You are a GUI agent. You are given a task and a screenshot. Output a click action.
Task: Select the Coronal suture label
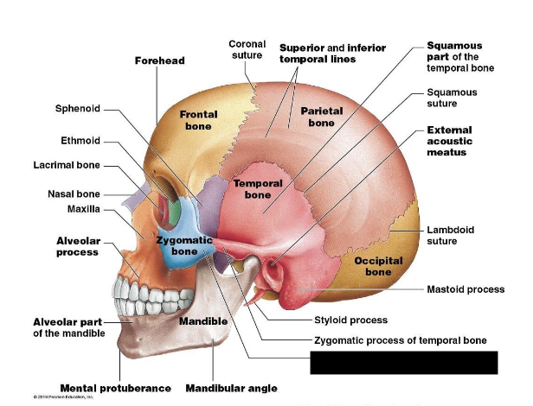pyautogui.click(x=247, y=49)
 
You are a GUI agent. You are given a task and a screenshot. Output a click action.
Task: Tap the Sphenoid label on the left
pyautogui.click(x=78, y=109)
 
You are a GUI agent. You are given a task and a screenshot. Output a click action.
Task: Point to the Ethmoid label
pyautogui.click(x=80, y=140)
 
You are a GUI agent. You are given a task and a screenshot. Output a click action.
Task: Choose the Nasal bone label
pyautogui.click(x=74, y=193)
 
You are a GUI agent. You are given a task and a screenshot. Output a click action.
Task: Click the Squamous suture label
pyautogui.click(x=452, y=98)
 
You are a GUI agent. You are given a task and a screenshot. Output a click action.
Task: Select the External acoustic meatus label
pyautogui.click(x=451, y=141)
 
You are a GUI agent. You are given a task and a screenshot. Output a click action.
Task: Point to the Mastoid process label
pyautogui.click(x=466, y=289)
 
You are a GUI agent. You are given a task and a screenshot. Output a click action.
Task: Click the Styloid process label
pyautogui.click(x=350, y=320)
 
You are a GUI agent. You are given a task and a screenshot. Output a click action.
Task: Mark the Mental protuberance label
pyautogui.click(x=115, y=388)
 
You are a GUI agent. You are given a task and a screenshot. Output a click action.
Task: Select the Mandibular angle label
pyautogui.click(x=231, y=388)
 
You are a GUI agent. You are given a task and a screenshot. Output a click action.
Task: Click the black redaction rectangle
pyautogui.click(x=404, y=362)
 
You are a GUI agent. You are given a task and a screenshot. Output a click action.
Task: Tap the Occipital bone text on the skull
pyautogui.click(x=377, y=266)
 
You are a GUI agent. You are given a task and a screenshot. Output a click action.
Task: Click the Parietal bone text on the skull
pyautogui.click(x=321, y=117)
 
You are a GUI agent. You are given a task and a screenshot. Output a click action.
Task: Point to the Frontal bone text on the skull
pyautogui.click(x=198, y=120)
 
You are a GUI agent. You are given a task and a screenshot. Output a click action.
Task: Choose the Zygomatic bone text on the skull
pyautogui.click(x=184, y=245)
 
